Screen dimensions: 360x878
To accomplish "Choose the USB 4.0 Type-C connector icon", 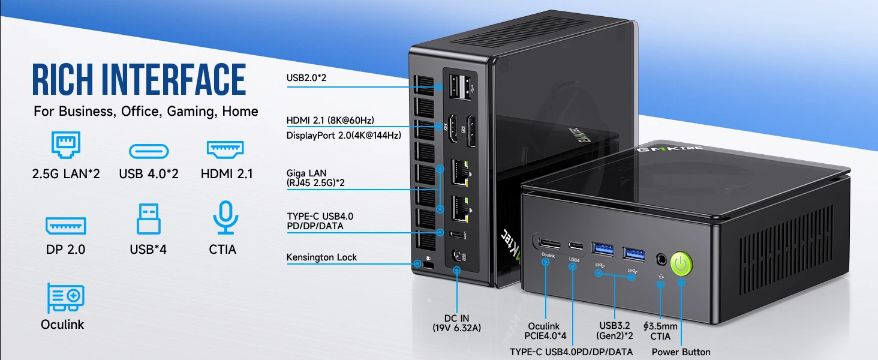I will (x=149, y=151).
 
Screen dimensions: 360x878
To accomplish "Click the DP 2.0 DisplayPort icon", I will (x=66, y=226).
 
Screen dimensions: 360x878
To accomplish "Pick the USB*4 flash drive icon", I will (x=149, y=220).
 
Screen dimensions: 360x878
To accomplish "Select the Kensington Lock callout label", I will (x=321, y=257).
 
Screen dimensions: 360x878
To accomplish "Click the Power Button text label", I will (x=681, y=352).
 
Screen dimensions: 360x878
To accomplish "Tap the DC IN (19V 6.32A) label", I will (x=457, y=323).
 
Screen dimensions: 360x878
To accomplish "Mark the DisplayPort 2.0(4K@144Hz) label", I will (x=344, y=135).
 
